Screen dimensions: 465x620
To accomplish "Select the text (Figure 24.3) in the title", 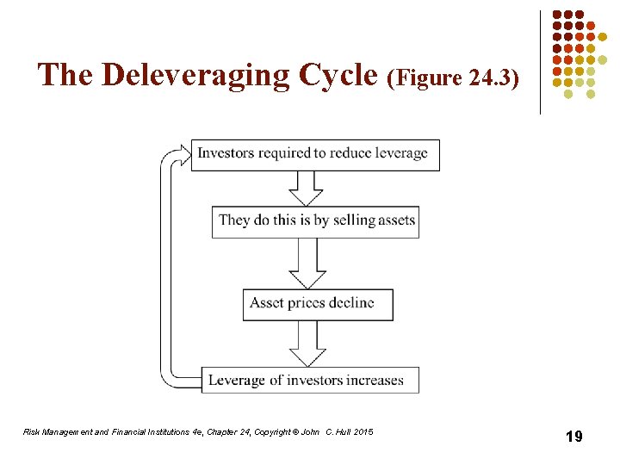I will pos(454,78).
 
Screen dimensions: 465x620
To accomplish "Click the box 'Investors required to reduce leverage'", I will pos(314,154).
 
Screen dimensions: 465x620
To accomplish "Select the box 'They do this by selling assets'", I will pos(316,220).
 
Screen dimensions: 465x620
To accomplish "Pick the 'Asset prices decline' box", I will pos(317,304).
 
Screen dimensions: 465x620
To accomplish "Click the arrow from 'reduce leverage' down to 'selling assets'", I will pos(305,187).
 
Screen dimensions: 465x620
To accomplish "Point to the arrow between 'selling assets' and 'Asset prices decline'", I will pos(307,263).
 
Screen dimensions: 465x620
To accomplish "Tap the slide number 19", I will pos(573,437).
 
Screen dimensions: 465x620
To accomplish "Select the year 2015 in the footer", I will pos(363,431).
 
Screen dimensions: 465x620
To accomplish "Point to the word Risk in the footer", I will pos(30,431).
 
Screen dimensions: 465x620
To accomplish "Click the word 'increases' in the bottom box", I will pos(372,380).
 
